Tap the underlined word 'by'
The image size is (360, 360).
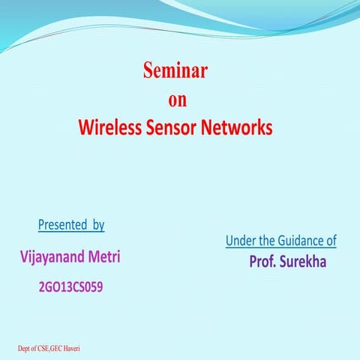click(x=98, y=224)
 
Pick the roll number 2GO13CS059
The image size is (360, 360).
click(x=69, y=285)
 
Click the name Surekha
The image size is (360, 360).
click(x=304, y=263)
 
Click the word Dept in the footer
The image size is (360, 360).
click(x=25, y=349)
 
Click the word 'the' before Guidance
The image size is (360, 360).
click(x=268, y=241)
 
